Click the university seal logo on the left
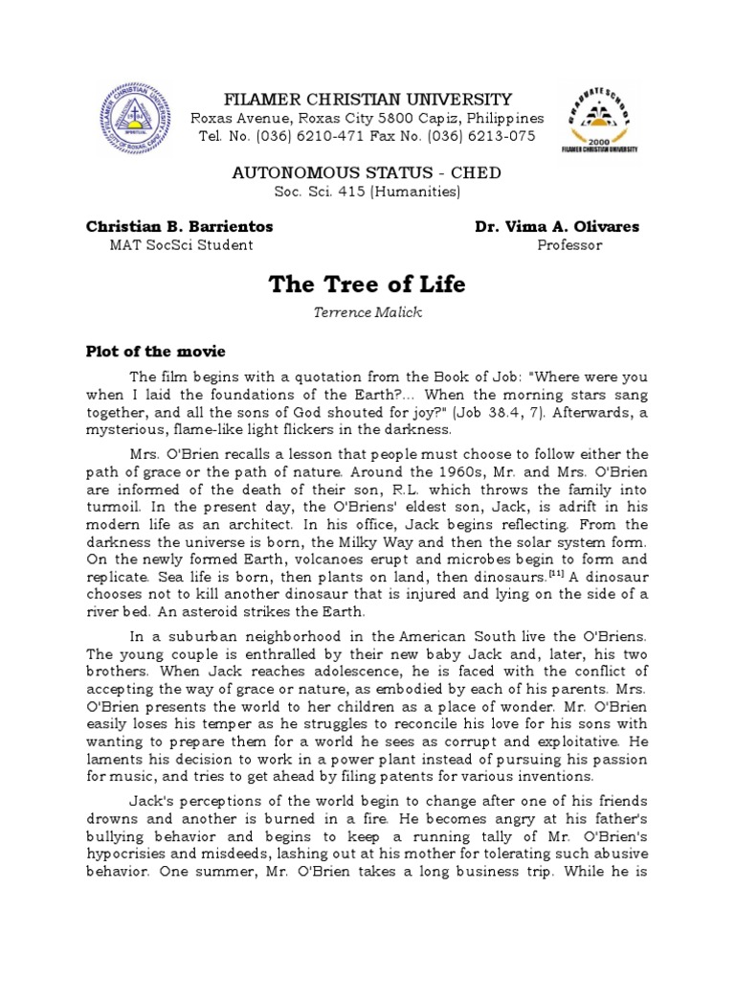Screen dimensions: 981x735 pyautogui.click(x=138, y=124)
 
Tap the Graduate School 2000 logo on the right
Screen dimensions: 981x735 pyautogui.click(x=599, y=119)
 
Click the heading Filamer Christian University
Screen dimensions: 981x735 pyautogui.click(x=367, y=100)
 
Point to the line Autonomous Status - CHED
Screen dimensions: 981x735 pyautogui.click(x=367, y=172)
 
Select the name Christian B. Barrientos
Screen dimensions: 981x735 pyautogui.click(x=180, y=227)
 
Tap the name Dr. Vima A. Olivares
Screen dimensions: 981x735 pyautogui.click(x=557, y=227)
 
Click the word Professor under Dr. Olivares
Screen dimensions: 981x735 pyautogui.click(x=569, y=245)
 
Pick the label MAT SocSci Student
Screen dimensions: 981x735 pyautogui.click(x=183, y=245)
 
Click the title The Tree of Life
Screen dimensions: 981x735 pyautogui.click(x=367, y=284)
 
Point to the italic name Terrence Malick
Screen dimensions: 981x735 pyautogui.click(x=367, y=313)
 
